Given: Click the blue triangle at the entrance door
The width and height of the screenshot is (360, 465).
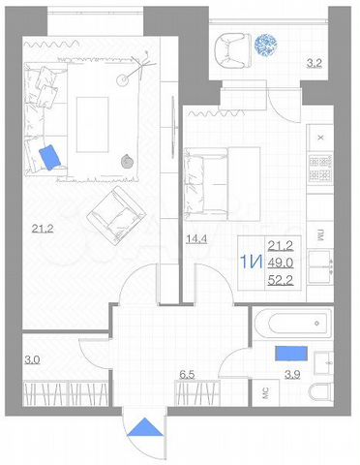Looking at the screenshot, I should click(x=145, y=428).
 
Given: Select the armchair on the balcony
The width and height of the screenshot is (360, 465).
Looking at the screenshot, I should click(x=229, y=46).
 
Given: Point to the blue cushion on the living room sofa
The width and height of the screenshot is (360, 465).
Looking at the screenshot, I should click(x=50, y=156).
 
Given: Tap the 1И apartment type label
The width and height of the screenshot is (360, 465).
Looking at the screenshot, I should click(x=251, y=262).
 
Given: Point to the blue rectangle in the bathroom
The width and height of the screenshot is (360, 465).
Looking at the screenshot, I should click(x=291, y=354).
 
